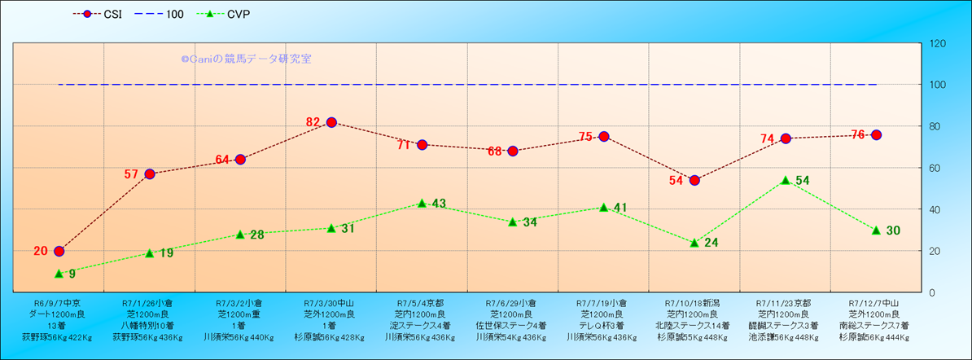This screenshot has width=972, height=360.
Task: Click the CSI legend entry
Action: [97, 15]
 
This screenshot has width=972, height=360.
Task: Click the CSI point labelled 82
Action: [331, 122]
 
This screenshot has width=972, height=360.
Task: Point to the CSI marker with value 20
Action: [59, 251]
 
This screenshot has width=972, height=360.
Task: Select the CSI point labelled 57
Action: [150, 173]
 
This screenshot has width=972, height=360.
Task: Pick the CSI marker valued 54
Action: [694, 180]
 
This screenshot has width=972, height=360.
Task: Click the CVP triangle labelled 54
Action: [786, 180]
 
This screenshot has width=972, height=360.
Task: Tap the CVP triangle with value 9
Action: [59, 274]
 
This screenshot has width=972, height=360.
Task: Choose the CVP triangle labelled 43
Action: [422, 203]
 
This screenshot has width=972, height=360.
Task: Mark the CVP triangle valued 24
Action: [694, 243]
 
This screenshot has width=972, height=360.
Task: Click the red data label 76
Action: [857, 135]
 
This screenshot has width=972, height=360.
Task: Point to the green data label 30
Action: [892, 230]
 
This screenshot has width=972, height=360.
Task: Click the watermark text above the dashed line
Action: [246, 59]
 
